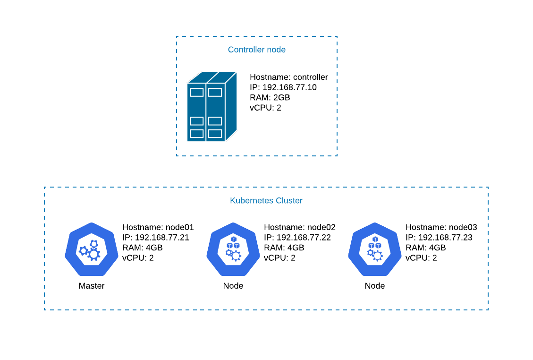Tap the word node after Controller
point(276,50)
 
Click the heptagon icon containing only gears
point(92,249)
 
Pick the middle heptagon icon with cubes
point(233,249)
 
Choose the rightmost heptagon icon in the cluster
point(375,249)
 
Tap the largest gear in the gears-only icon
point(94,255)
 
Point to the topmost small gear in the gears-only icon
point(93,244)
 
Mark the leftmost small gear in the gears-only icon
point(84,251)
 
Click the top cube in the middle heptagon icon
point(233,240)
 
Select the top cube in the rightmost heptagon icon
point(375,240)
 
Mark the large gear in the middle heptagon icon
point(236,256)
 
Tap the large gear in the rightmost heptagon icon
point(378,256)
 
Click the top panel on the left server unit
point(196,92)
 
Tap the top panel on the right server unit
point(215,92)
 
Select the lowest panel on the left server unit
point(196,134)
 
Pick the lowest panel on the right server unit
point(215,134)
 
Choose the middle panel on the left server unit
point(196,121)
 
